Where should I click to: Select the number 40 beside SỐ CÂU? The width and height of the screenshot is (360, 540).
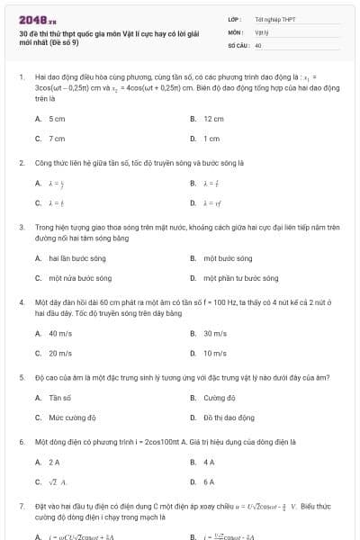click(258, 44)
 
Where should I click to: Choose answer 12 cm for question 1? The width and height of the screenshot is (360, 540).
click(213, 119)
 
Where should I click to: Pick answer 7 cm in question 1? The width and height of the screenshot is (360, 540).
click(57, 139)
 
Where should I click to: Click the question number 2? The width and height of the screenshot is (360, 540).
click(21, 163)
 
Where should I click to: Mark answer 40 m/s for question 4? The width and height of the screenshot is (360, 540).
click(60, 333)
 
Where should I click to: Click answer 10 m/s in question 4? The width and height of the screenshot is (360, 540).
click(214, 353)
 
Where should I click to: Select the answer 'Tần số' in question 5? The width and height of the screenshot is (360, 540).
click(60, 397)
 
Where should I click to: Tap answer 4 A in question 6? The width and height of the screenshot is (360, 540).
click(209, 462)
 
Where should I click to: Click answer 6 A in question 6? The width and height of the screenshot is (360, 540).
click(209, 481)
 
